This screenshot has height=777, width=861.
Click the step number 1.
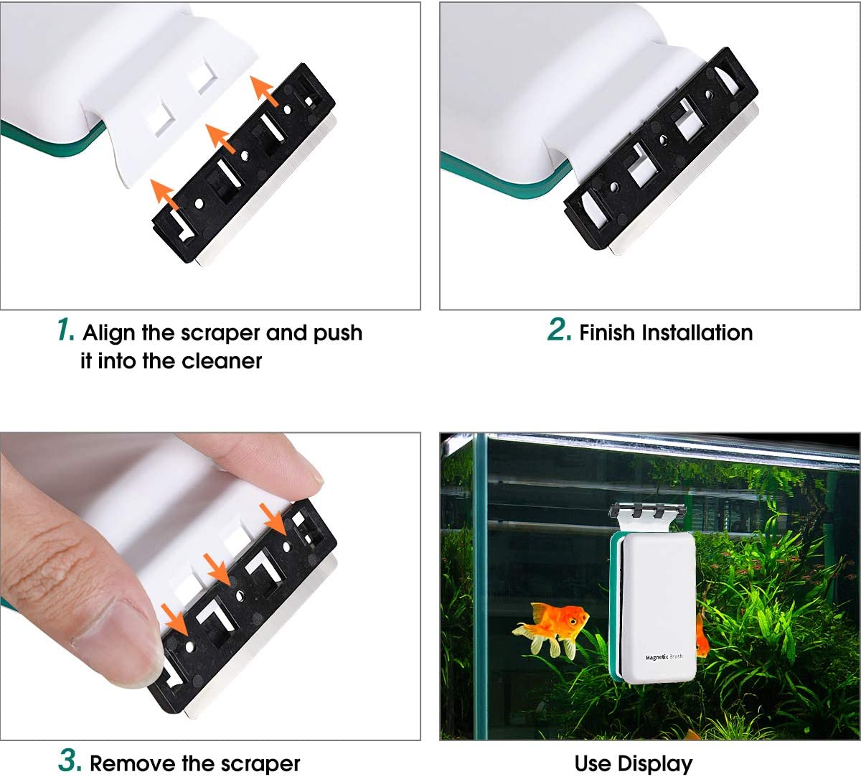(65, 330)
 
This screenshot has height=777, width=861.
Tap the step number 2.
(559, 330)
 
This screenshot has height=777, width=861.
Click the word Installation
(697, 333)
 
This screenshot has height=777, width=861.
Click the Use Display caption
(634, 763)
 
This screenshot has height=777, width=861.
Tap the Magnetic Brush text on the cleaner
(664, 656)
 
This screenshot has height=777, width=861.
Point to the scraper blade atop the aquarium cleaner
(644, 512)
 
